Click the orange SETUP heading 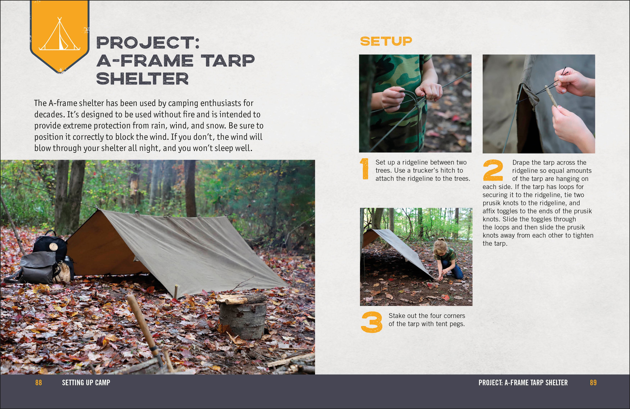pos(386,41)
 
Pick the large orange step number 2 pos(493,170)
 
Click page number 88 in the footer pos(39,383)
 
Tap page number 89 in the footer pos(593,383)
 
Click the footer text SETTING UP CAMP pos(86,383)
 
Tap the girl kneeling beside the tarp pos(447,261)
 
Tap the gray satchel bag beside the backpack pos(38,267)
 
